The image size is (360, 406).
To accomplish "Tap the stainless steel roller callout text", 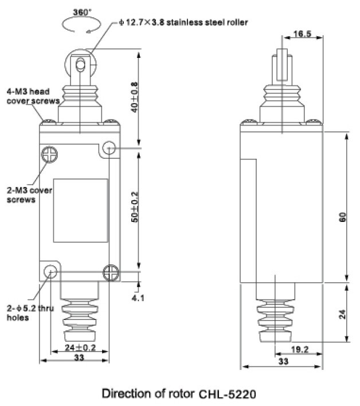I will [183, 23].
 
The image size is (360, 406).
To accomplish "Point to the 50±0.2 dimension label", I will [135, 210].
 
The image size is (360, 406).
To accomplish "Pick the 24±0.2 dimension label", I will [80, 346].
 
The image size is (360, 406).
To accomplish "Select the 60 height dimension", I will [342, 217].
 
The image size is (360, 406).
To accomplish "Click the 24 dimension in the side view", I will [342, 314].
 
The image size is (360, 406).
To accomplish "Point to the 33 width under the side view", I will [283, 362].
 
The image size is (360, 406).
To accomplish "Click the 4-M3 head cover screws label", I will [32, 96].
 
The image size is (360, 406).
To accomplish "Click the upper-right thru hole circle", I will [109, 149].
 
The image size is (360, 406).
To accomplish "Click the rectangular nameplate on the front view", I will [81, 210].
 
